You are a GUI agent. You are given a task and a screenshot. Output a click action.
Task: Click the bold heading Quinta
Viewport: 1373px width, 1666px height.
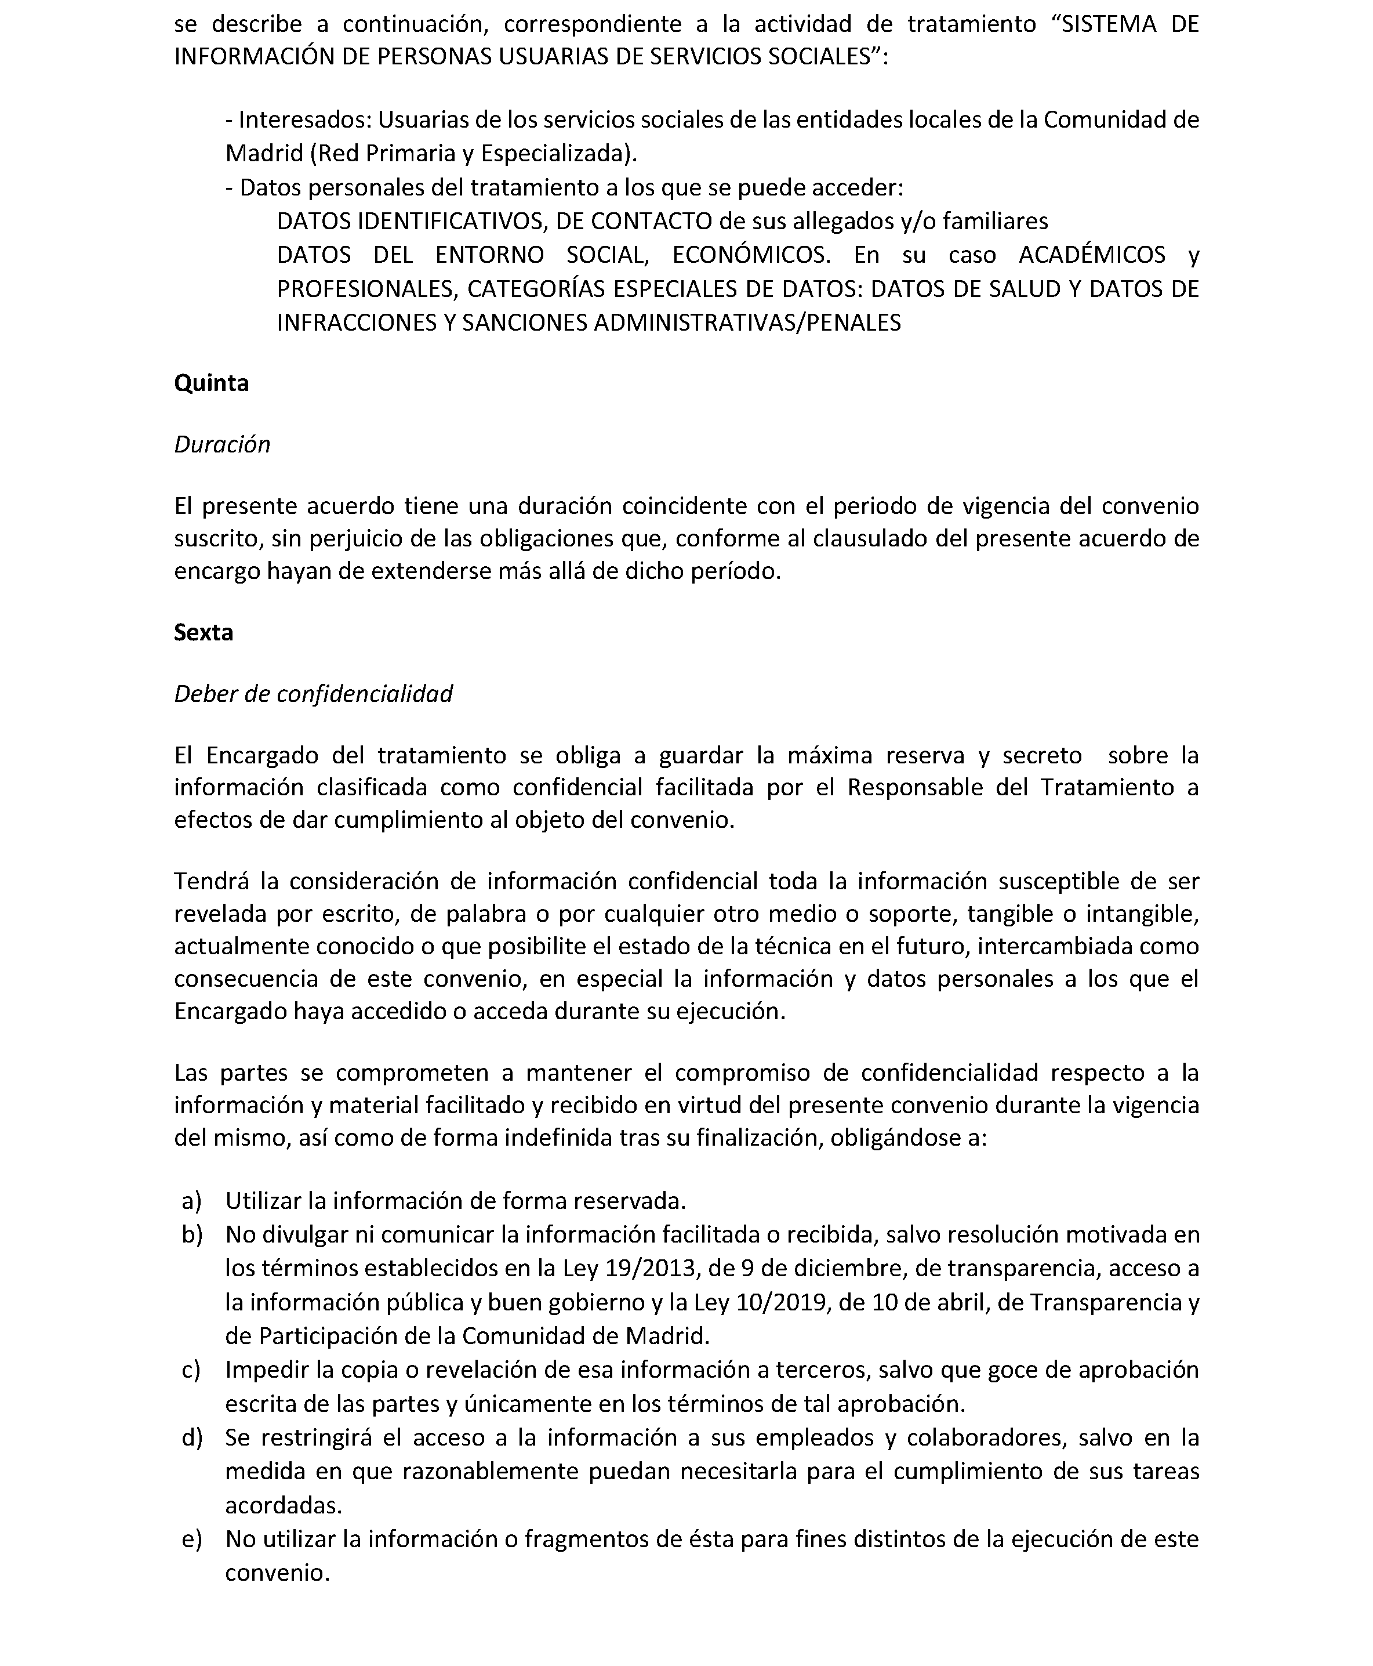pos(211,383)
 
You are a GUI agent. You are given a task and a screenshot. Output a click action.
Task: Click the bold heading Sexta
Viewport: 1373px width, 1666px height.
pos(204,632)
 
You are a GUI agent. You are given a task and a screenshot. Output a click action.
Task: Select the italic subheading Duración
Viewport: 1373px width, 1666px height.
pos(222,444)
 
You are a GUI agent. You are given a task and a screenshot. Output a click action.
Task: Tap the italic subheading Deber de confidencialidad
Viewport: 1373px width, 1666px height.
pos(313,694)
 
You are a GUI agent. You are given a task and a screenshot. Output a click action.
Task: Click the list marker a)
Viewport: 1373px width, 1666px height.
pos(191,1201)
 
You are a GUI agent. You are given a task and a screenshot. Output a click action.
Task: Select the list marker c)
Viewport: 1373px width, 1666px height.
pos(191,1370)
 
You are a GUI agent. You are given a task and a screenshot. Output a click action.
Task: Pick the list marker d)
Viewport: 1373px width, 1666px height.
pos(192,1437)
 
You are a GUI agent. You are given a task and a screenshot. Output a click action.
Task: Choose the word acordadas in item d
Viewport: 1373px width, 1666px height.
pos(283,1505)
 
